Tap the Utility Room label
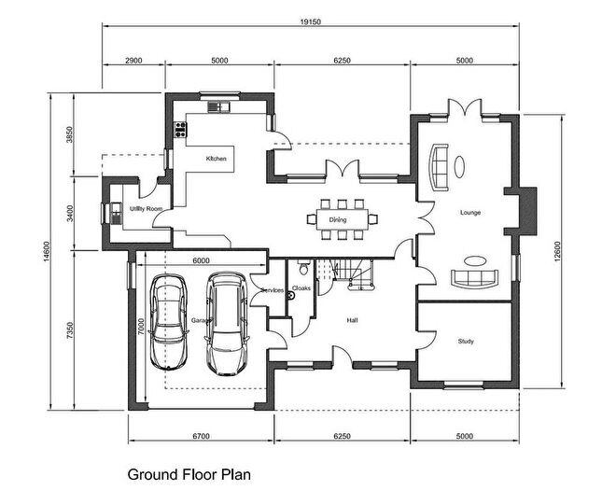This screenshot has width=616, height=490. pos(147,209)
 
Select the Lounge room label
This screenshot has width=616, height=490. pos(469,213)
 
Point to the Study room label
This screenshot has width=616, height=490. pos(466,342)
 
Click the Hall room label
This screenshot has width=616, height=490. pos(353,319)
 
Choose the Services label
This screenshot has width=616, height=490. pos(273,290)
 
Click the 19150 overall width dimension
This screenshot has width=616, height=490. pos(311,21)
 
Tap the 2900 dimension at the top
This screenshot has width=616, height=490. pos(133,61)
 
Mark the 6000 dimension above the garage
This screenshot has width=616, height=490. pos(201,260)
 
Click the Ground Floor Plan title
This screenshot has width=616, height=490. pos(189,473)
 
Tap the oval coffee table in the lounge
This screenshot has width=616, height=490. pos(459,165)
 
